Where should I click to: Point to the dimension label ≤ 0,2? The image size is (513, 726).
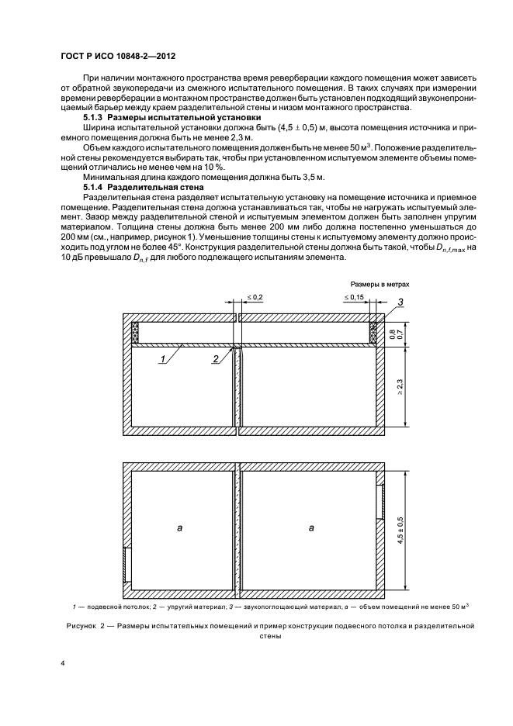click(255, 297)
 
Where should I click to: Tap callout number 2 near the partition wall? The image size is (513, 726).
click(215, 359)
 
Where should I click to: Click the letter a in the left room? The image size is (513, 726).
click(179, 527)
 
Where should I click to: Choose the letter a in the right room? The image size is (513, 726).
click(310, 527)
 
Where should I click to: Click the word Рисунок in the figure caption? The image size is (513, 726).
click(79, 624)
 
